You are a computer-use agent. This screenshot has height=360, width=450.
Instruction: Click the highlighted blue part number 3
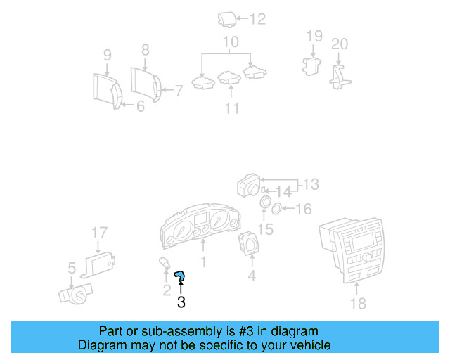tap(180, 278)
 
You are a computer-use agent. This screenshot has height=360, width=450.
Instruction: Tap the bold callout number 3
tap(181, 303)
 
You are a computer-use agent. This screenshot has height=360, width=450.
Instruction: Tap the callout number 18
tap(358, 303)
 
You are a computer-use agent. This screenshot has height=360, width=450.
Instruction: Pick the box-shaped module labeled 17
tap(101, 264)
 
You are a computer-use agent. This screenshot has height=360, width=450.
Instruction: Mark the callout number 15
tap(265, 229)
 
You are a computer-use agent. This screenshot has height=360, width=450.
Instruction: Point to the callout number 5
tap(71, 267)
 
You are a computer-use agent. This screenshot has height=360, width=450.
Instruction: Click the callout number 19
tap(314, 36)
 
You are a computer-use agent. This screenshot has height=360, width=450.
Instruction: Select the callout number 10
tap(231, 43)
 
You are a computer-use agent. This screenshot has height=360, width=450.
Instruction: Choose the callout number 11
tap(231, 108)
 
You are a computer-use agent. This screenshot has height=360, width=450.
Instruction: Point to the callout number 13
tap(310, 184)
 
